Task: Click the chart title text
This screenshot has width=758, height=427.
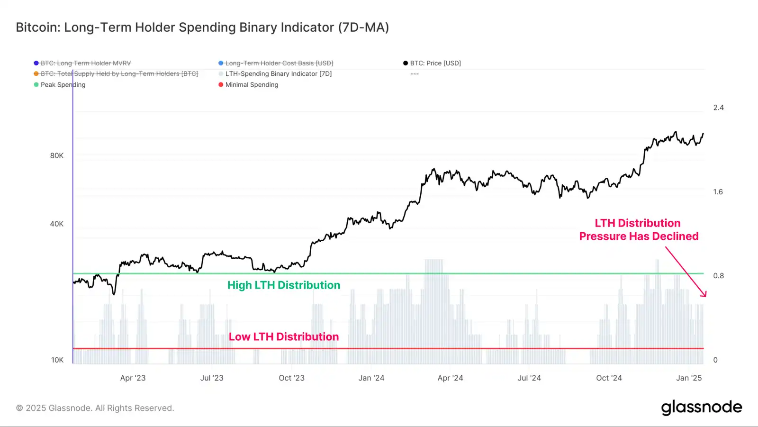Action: click(x=202, y=27)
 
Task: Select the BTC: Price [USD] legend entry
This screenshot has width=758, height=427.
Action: click(x=435, y=63)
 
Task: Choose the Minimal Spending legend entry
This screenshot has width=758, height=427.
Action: click(x=251, y=85)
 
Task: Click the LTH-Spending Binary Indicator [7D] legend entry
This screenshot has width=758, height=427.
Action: click(x=278, y=74)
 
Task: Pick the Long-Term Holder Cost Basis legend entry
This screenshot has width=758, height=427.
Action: click(x=279, y=63)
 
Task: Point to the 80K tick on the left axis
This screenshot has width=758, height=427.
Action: click(x=57, y=156)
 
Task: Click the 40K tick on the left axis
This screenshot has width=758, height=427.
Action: click(x=57, y=224)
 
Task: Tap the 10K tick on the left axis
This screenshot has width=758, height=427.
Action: click(x=57, y=360)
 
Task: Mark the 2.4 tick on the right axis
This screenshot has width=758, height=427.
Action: click(x=718, y=108)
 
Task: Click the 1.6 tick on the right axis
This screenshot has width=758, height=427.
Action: click(x=718, y=192)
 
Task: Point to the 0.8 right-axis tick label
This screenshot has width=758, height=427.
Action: click(x=718, y=276)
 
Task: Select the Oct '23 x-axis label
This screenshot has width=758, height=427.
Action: click(x=291, y=378)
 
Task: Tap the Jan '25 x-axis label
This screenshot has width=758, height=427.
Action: click(x=689, y=378)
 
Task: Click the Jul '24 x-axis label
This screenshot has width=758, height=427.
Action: click(x=529, y=378)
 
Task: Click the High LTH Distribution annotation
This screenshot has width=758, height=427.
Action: click(x=283, y=285)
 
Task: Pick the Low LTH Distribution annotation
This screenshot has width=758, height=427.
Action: click(x=283, y=337)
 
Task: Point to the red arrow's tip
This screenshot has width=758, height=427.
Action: click(x=705, y=296)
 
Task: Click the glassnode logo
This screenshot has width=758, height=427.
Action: click(x=701, y=408)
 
